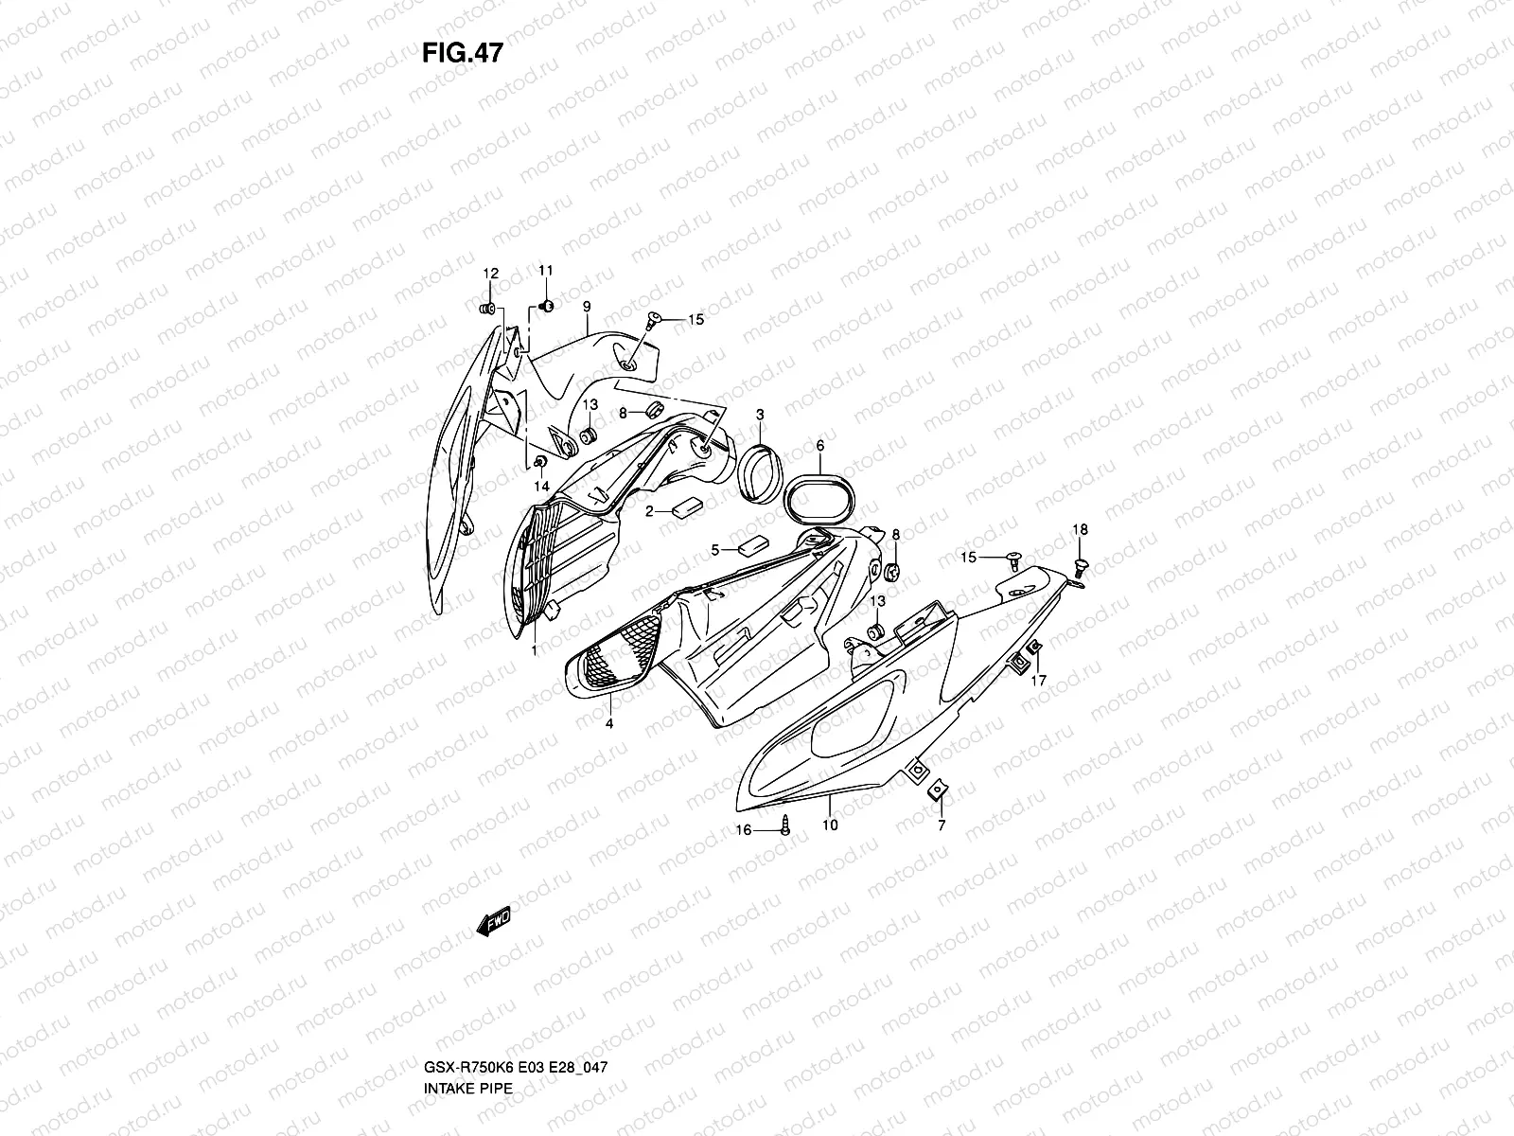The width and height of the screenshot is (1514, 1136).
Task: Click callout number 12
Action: click(490, 274)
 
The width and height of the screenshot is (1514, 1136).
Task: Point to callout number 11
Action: click(545, 272)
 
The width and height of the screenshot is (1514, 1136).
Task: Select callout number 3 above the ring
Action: click(760, 415)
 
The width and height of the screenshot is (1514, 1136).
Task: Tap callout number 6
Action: click(819, 445)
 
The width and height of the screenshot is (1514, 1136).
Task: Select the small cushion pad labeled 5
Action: click(754, 546)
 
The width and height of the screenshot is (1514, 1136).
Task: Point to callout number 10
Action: click(830, 825)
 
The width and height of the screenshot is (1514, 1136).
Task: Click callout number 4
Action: click(609, 723)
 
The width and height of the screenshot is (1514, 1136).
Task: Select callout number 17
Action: click(1038, 680)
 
